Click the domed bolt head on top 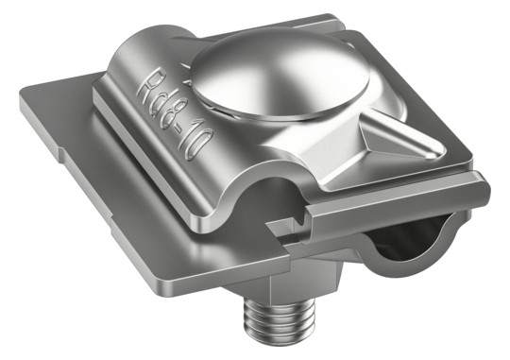(x=280, y=75)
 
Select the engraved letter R (x=147, y=82)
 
